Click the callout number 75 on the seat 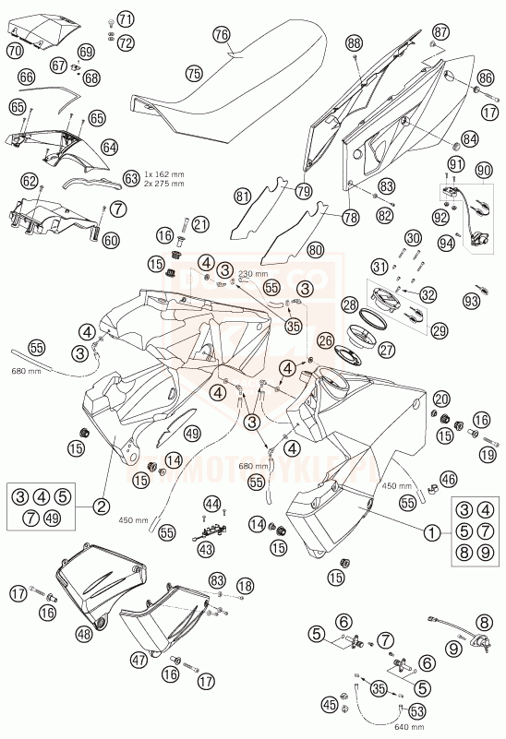(192, 71)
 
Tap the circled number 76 (221, 34)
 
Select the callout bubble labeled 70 (14, 52)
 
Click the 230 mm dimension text (252, 274)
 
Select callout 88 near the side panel (355, 42)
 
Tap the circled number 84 (471, 138)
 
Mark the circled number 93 (473, 300)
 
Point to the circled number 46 (448, 479)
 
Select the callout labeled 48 (86, 633)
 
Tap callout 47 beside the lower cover (139, 660)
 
